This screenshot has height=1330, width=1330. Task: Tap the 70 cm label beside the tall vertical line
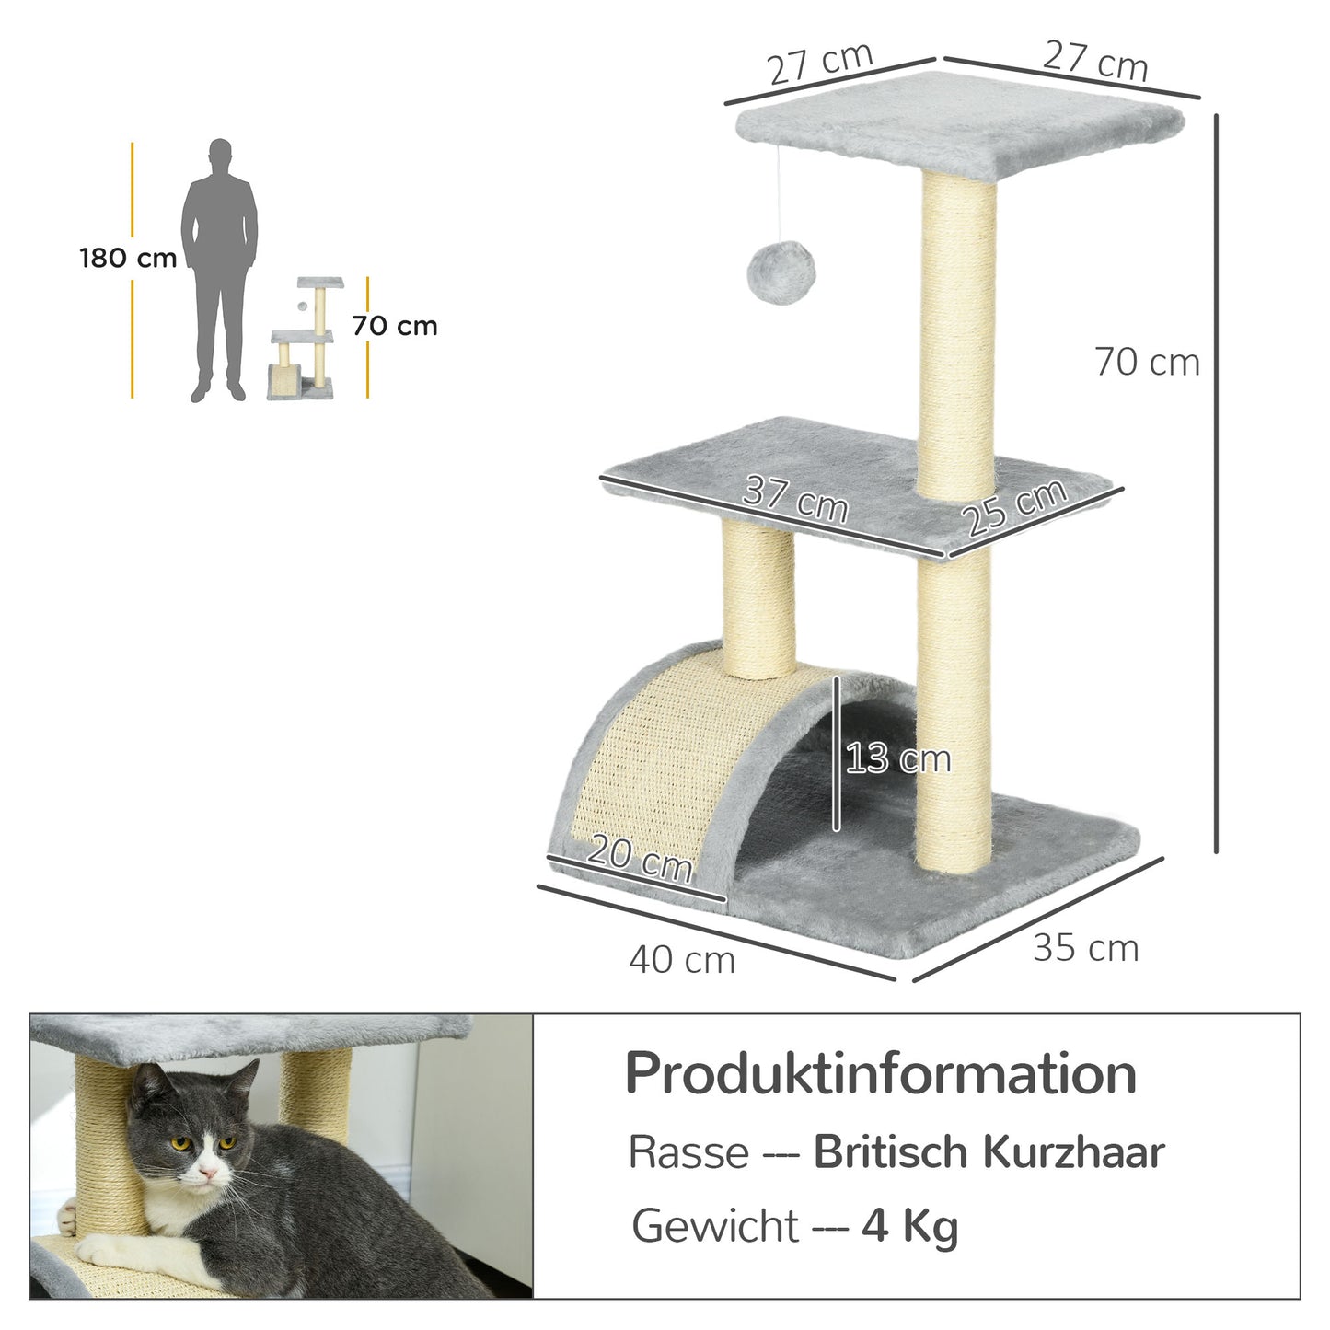[x=1147, y=363]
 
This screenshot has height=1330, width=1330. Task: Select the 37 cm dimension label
[x=795, y=499]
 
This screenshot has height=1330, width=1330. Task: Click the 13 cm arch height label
[x=897, y=758]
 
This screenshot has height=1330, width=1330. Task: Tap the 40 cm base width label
[x=682, y=960]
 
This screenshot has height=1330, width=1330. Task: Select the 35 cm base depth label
[x=1085, y=948]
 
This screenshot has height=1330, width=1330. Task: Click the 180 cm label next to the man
[x=128, y=259]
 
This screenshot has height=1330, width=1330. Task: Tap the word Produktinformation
[x=881, y=1074]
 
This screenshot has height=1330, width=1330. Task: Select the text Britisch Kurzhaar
[x=989, y=1152]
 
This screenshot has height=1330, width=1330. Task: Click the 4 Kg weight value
[x=909, y=1226]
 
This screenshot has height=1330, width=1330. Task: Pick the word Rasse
[x=688, y=1152]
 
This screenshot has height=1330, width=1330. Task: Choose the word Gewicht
[x=715, y=1226]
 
